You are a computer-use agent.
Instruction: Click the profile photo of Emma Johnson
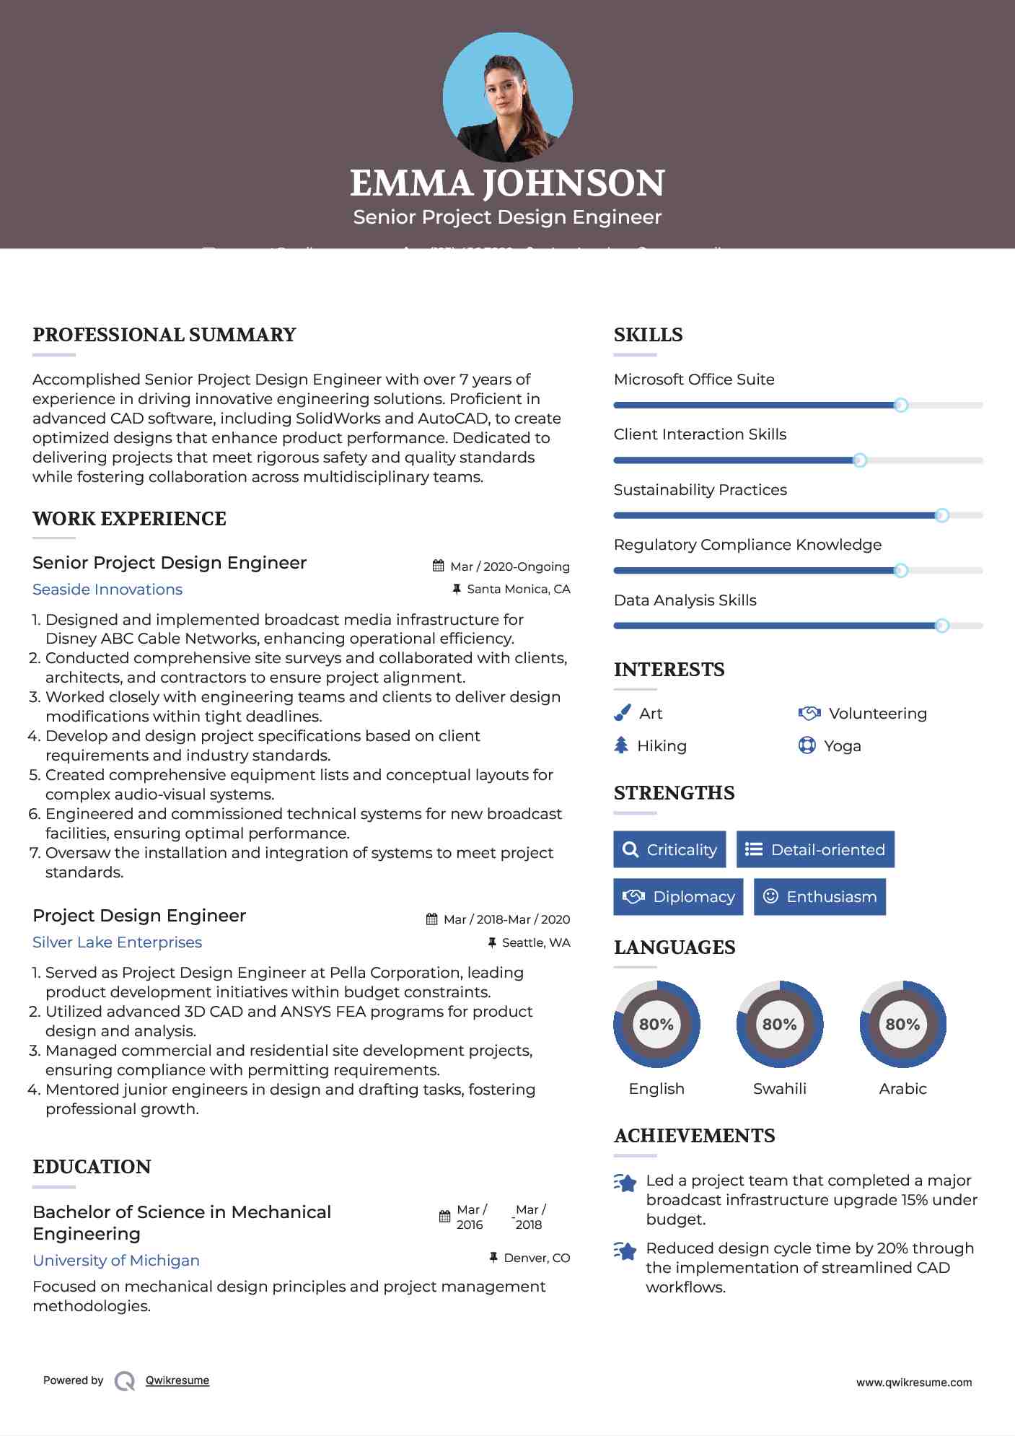[x=507, y=97]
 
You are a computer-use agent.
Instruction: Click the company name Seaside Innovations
[x=107, y=590]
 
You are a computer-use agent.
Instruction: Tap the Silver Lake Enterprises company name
[x=117, y=942]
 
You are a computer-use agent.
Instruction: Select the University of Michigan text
[x=116, y=1261]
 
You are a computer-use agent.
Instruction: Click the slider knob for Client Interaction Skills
[x=859, y=460]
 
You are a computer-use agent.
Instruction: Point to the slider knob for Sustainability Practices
[x=941, y=515]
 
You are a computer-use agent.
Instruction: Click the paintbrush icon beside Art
[x=622, y=714]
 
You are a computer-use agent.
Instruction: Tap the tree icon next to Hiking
[x=621, y=745]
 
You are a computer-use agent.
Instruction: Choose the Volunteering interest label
[x=877, y=714]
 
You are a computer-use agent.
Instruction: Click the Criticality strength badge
[x=669, y=849]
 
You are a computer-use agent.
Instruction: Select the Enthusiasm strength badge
[x=820, y=897]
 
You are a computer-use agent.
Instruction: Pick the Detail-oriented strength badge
[x=815, y=849]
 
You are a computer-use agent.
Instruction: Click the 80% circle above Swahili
[x=779, y=1024]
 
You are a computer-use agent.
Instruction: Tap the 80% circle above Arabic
[x=902, y=1024]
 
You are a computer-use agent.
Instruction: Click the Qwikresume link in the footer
[x=177, y=1380]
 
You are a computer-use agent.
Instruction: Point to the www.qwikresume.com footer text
[x=913, y=1383]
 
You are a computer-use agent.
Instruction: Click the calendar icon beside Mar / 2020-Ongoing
[x=438, y=566]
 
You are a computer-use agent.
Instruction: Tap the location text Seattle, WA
[x=535, y=942]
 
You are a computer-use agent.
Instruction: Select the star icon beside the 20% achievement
[x=625, y=1251]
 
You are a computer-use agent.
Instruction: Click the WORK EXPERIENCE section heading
[x=129, y=519]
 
